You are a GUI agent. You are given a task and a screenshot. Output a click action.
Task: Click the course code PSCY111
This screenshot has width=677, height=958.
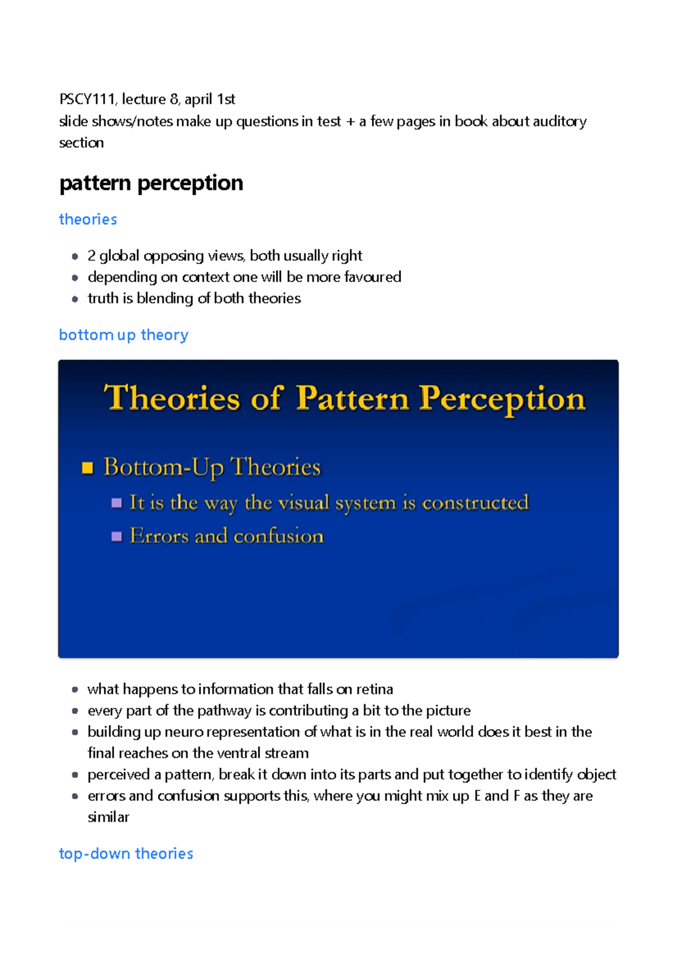click(87, 99)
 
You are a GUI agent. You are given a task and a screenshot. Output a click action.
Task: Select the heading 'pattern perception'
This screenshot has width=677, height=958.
click(151, 183)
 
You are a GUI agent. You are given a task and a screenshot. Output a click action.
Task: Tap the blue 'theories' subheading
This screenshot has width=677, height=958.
click(88, 219)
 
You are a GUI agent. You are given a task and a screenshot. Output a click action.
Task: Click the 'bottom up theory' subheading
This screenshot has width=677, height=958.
click(124, 335)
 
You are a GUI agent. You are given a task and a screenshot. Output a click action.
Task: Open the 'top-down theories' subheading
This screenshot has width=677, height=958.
click(126, 854)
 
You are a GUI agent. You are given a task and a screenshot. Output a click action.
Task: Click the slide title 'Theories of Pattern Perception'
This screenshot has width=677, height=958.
click(345, 398)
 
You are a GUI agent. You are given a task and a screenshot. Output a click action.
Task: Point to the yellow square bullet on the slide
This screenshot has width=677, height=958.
click(87, 468)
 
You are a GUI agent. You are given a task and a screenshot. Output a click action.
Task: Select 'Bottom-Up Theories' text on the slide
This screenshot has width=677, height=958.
click(212, 468)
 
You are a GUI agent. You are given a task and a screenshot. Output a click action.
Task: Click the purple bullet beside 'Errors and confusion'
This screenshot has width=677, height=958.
click(117, 536)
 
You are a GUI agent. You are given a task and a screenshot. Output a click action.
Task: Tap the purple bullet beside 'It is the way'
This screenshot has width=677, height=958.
click(117, 503)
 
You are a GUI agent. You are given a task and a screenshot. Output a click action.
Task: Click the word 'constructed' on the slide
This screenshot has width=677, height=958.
click(475, 503)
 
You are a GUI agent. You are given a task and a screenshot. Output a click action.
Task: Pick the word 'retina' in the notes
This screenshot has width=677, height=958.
click(375, 689)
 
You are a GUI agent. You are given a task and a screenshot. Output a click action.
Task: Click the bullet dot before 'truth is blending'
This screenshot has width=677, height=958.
click(75, 299)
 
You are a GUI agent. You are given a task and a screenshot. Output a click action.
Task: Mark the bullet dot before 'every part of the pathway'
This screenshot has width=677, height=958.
click(75, 711)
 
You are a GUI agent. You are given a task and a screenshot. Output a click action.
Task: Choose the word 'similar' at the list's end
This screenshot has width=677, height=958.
click(108, 817)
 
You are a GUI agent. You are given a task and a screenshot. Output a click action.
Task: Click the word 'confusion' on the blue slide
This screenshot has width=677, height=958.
click(279, 536)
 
